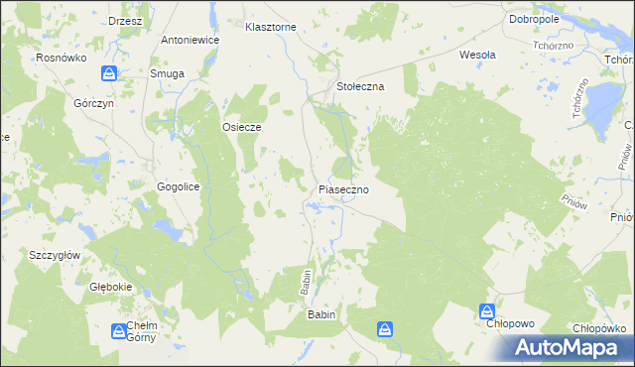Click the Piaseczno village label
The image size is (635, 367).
pyautogui.click(x=344, y=188)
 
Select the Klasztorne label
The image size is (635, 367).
pyautogui.click(x=271, y=27)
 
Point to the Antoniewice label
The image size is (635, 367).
pyautogui.click(x=190, y=41)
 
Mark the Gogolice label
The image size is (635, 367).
pyautogui.click(x=180, y=186)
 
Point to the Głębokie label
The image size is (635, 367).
pyautogui.click(x=111, y=287)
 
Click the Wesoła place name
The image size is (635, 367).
pyautogui.click(x=477, y=55)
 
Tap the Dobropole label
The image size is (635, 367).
pyautogui.click(x=534, y=19)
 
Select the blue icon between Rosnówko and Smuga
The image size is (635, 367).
pyautogui.click(x=110, y=73)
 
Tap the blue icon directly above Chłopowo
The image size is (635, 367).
pyautogui.click(x=487, y=310)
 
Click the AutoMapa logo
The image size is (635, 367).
pyautogui.click(x=571, y=347)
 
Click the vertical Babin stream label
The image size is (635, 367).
pyautogui.click(x=307, y=284)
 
